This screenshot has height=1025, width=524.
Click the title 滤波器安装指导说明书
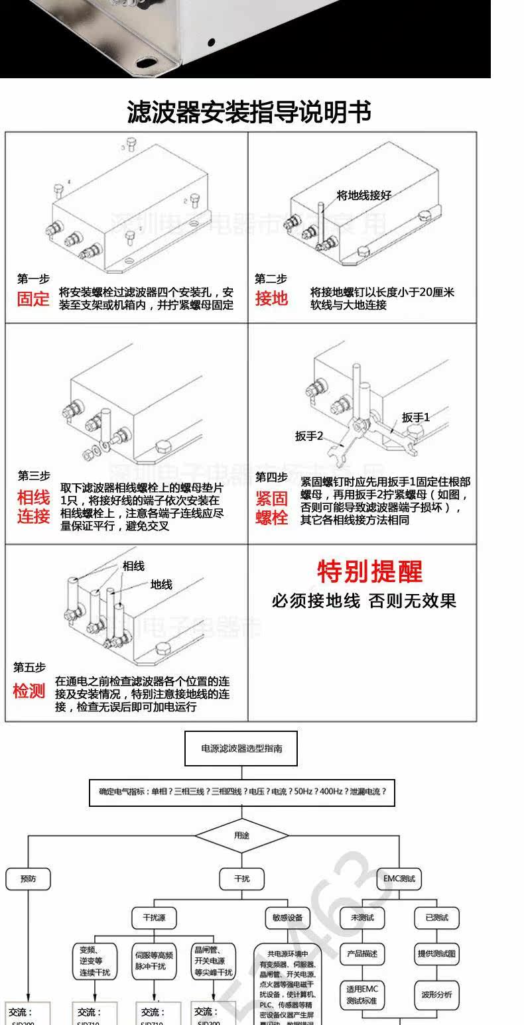[x=249, y=112]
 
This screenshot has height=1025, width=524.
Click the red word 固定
[x=33, y=298]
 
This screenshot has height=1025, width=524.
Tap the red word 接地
[x=272, y=298]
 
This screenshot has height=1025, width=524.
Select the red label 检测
[x=29, y=692]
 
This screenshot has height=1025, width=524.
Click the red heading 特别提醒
[x=369, y=571]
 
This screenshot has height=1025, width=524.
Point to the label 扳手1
[x=416, y=417]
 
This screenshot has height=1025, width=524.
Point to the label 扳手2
[x=309, y=436]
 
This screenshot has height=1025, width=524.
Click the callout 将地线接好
[x=364, y=195]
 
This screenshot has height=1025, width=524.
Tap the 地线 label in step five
[x=161, y=584]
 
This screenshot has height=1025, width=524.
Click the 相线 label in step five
[x=133, y=566]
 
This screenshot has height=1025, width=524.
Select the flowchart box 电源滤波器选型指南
[x=241, y=748]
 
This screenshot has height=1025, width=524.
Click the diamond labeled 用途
[x=242, y=835]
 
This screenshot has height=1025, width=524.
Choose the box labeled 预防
[x=29, y=878]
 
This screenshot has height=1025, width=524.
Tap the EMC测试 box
[x=399, y=878]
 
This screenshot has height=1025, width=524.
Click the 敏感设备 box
[x=287, y=918]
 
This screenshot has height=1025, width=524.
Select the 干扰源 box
[x=154, y=918]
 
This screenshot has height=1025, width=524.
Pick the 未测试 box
[x=362, y=918]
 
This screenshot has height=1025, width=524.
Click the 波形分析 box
[x=436, y=994]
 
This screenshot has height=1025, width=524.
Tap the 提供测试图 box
[x=436, y=954]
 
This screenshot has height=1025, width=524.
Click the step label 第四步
[x=271, y=477]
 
